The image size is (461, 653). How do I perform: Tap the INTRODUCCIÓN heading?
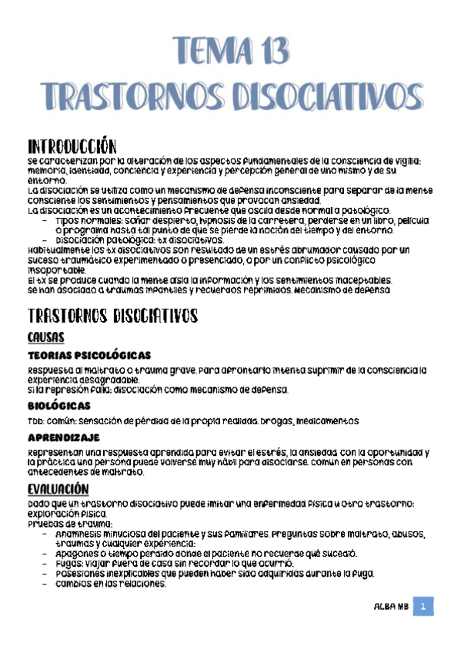tap(71, 146)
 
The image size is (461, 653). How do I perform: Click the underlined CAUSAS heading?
tap(45, 337)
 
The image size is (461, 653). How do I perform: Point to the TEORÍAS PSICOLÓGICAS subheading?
tap(89, 355)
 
